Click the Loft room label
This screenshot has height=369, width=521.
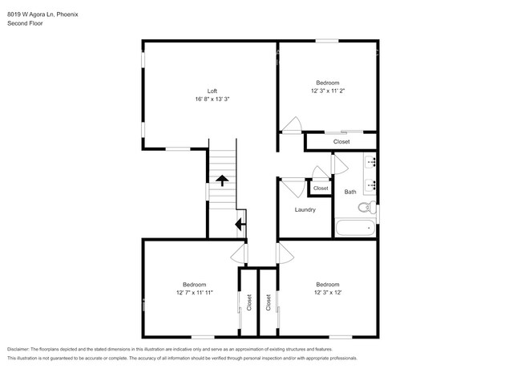(x=212, y=91)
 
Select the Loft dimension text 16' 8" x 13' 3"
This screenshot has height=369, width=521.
(x=212, y=99)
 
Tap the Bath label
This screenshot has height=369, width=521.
(x=350, y=192)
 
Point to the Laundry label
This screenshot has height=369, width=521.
(x=305, y=209)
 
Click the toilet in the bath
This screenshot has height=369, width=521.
(x=365, y=208)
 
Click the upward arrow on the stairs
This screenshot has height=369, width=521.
(x=221, y=180)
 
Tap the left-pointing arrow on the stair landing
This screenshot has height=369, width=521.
(x=239, y=225)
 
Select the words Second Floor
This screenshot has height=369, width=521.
(x=25, y=23)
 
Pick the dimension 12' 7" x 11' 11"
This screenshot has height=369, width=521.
(x=194, y=293)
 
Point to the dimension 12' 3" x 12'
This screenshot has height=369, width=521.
(x=327, y=293)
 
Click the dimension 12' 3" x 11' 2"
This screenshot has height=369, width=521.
(x=327, y=91)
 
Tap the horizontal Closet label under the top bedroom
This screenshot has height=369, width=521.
(x=341, y=142)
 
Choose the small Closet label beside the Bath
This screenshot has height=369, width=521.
(x=321, y=189)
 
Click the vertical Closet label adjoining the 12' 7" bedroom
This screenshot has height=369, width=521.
(x=248, y=302)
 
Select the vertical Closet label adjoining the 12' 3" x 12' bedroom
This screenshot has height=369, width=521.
(x=268, y=302)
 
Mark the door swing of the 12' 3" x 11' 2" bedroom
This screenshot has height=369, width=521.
(x=290, y=124)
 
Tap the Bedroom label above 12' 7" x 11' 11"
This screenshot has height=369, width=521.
(x=194, y=285)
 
